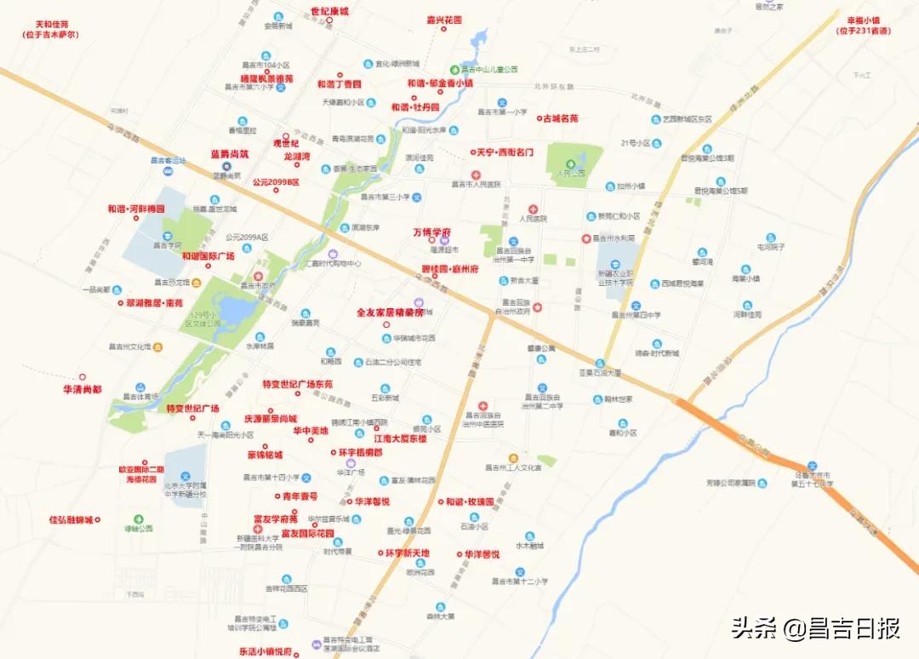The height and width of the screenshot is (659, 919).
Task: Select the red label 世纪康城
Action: click(329, 11)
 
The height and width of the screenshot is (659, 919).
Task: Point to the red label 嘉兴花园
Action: click(444, 19)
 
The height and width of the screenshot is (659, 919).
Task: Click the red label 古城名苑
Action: click(561, 118)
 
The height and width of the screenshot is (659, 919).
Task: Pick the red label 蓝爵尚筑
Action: click(230, 154)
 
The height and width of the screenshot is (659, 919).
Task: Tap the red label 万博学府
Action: click(432, 232)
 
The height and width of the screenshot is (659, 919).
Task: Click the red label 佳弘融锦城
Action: click(71, 519)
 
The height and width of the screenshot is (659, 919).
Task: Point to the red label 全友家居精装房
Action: click(390, 312)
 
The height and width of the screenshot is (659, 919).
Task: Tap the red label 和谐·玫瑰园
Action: click(470, 502)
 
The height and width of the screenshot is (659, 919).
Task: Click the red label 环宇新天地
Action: click(407, 553)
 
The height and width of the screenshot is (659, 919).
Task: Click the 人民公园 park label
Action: click(572, 173)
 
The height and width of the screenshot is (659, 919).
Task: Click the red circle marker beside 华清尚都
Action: click(83, 376)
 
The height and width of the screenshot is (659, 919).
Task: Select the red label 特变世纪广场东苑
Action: click(298, 385)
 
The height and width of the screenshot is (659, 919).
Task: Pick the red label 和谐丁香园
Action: click(339, 84)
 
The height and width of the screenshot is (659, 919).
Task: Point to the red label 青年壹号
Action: click(300, 496)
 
